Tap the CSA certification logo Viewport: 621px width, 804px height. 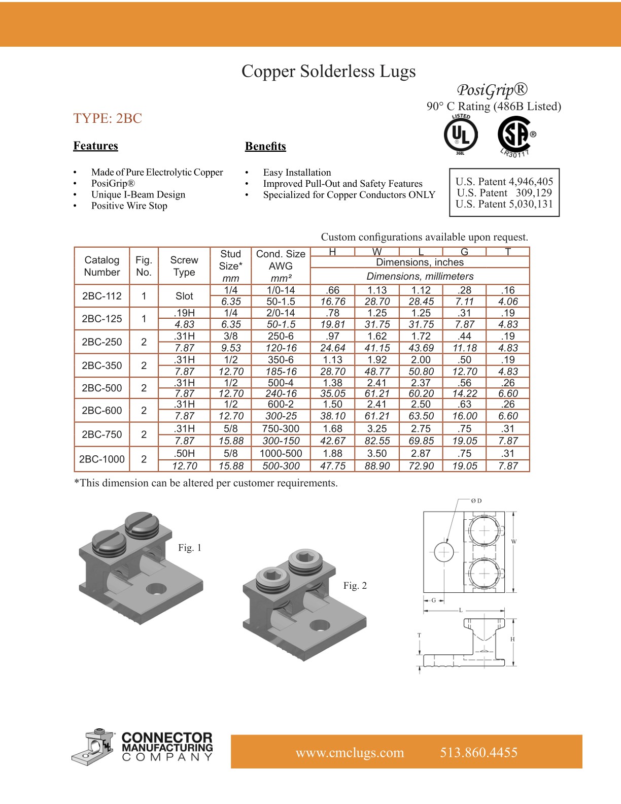514,135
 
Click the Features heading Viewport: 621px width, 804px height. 95,146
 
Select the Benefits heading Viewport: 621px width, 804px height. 265,146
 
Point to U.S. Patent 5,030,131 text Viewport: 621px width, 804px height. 504,204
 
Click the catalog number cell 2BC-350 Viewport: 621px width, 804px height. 102,365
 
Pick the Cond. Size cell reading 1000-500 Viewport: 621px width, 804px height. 281,453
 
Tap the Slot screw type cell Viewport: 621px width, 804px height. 184,296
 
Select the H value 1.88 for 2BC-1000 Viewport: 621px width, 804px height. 332,453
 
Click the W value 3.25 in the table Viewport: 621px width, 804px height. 377,428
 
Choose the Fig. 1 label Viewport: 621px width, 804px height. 190,548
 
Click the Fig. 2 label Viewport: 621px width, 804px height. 355,585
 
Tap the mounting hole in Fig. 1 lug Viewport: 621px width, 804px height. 156,589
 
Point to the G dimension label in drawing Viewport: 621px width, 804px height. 433,600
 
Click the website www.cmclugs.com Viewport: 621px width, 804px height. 350,752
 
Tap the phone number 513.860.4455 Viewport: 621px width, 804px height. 478,752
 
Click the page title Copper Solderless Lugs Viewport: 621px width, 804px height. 328,71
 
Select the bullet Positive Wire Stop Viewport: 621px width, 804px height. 129,206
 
